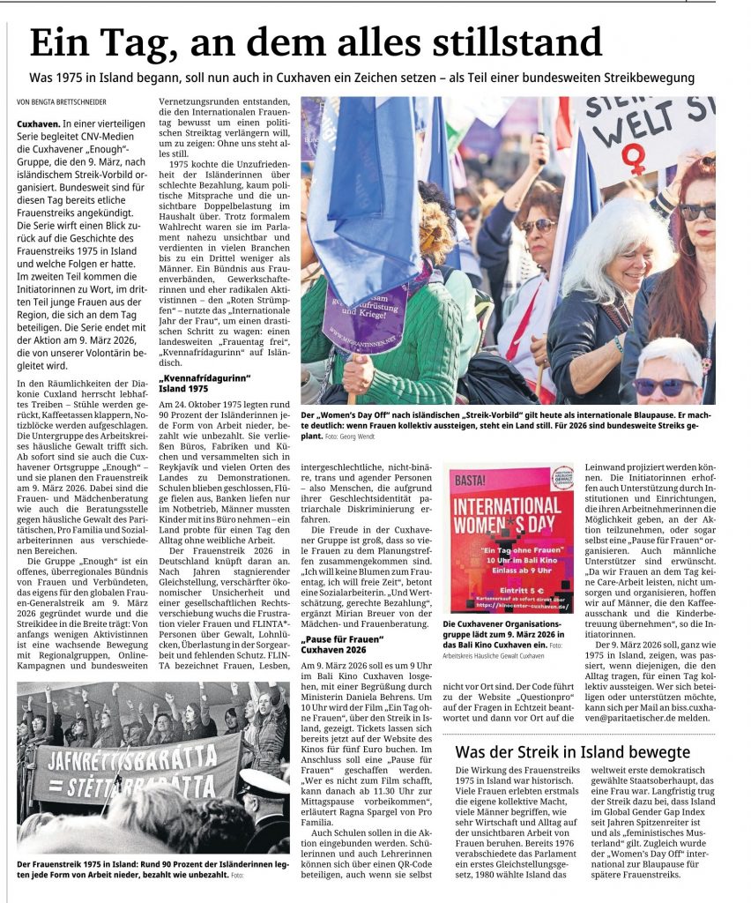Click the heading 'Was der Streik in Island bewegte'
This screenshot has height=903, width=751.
[x=572, y=752]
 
